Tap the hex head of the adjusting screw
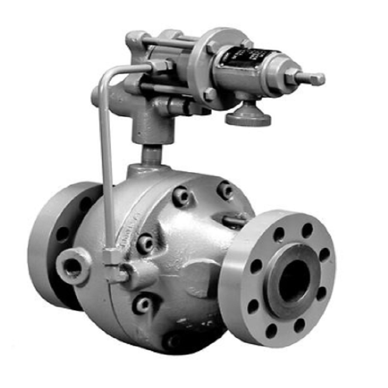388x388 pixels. tap(316, 79)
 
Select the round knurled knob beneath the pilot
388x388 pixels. tap(248, 117)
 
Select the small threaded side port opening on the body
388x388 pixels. tap(72, 267)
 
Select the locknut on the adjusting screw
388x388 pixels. tap(292, 77)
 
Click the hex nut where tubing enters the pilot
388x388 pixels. tap(160, 66)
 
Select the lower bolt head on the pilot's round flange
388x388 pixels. tap(210, 95)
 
